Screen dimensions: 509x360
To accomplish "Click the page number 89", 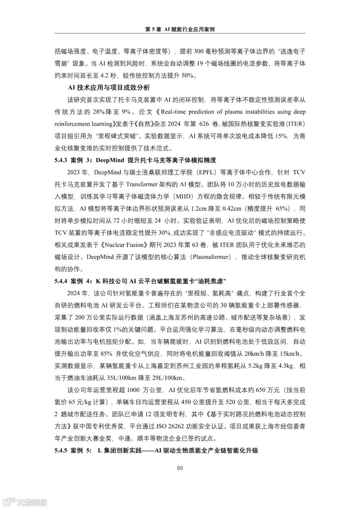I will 180,468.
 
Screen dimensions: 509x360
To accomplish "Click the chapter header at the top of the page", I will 180,29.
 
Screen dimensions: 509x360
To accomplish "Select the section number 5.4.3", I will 61,160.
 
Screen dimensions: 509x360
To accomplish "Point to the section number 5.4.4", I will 61,281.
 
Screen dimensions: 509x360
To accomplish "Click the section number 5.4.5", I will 61,451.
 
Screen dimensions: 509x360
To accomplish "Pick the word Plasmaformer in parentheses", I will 211,257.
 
